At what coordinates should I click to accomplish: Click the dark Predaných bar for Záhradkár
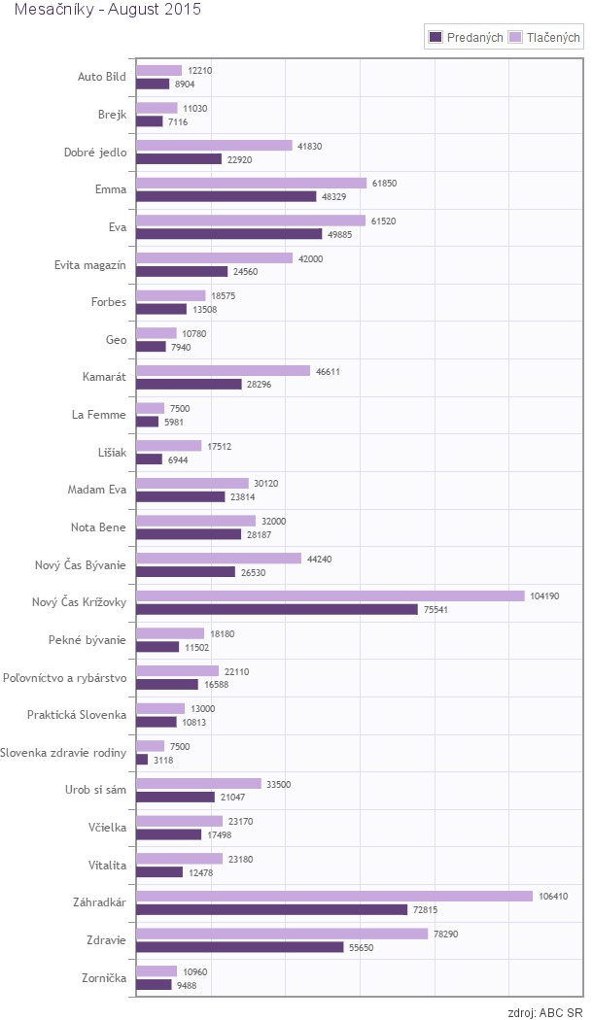click(x=271, y=909)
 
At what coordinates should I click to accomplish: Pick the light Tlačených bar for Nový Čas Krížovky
click(x=331, y=595)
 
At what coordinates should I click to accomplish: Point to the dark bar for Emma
click(x=227, y=196)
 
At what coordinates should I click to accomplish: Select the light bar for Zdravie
click(x=282, y=934)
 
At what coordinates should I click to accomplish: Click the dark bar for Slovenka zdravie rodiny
click(x=142, y=760)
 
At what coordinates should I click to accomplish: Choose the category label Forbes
click(x=109, y=302)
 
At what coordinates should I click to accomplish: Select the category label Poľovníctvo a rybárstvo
click(x=64, y=677)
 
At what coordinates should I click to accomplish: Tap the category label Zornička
click(x=104, y=977)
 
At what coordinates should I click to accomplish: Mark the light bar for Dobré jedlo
click(x=214, y=146)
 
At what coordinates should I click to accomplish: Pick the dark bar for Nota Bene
click(x=189, y=534)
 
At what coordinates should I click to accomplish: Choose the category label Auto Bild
click(x=102, y=77)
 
